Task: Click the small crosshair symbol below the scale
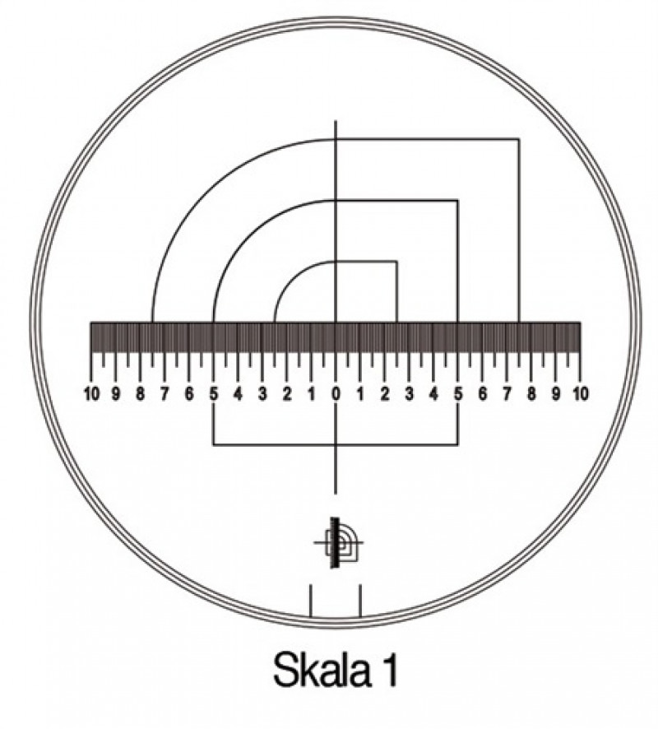[x=337, y=543]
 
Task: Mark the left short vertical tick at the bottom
[x=310, y=601]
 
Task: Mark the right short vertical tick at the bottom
[x=360, y=601]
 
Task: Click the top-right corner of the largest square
[x=518, y=139]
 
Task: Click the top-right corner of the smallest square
[x=397, y=262]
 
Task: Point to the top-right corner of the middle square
[x=458, y=200]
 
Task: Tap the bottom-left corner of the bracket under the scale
[x=214, y=445]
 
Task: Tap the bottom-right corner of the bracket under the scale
[x=458, y=445]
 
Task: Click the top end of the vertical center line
[x=336, y=121]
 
